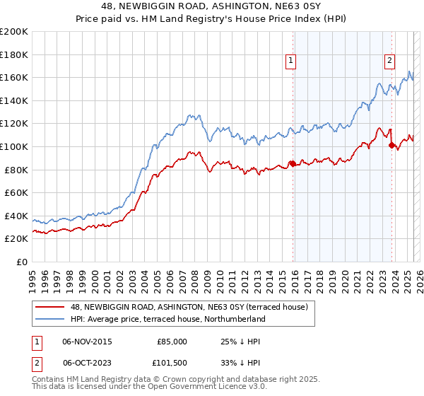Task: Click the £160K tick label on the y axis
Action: tap(14, 77)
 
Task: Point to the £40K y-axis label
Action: tap(16, 216)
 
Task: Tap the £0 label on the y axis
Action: tap(22, 262)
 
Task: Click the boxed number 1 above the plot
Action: tap(291, 62)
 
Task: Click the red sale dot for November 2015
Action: tap(293, 164)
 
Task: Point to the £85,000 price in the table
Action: tap(172, 342)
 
